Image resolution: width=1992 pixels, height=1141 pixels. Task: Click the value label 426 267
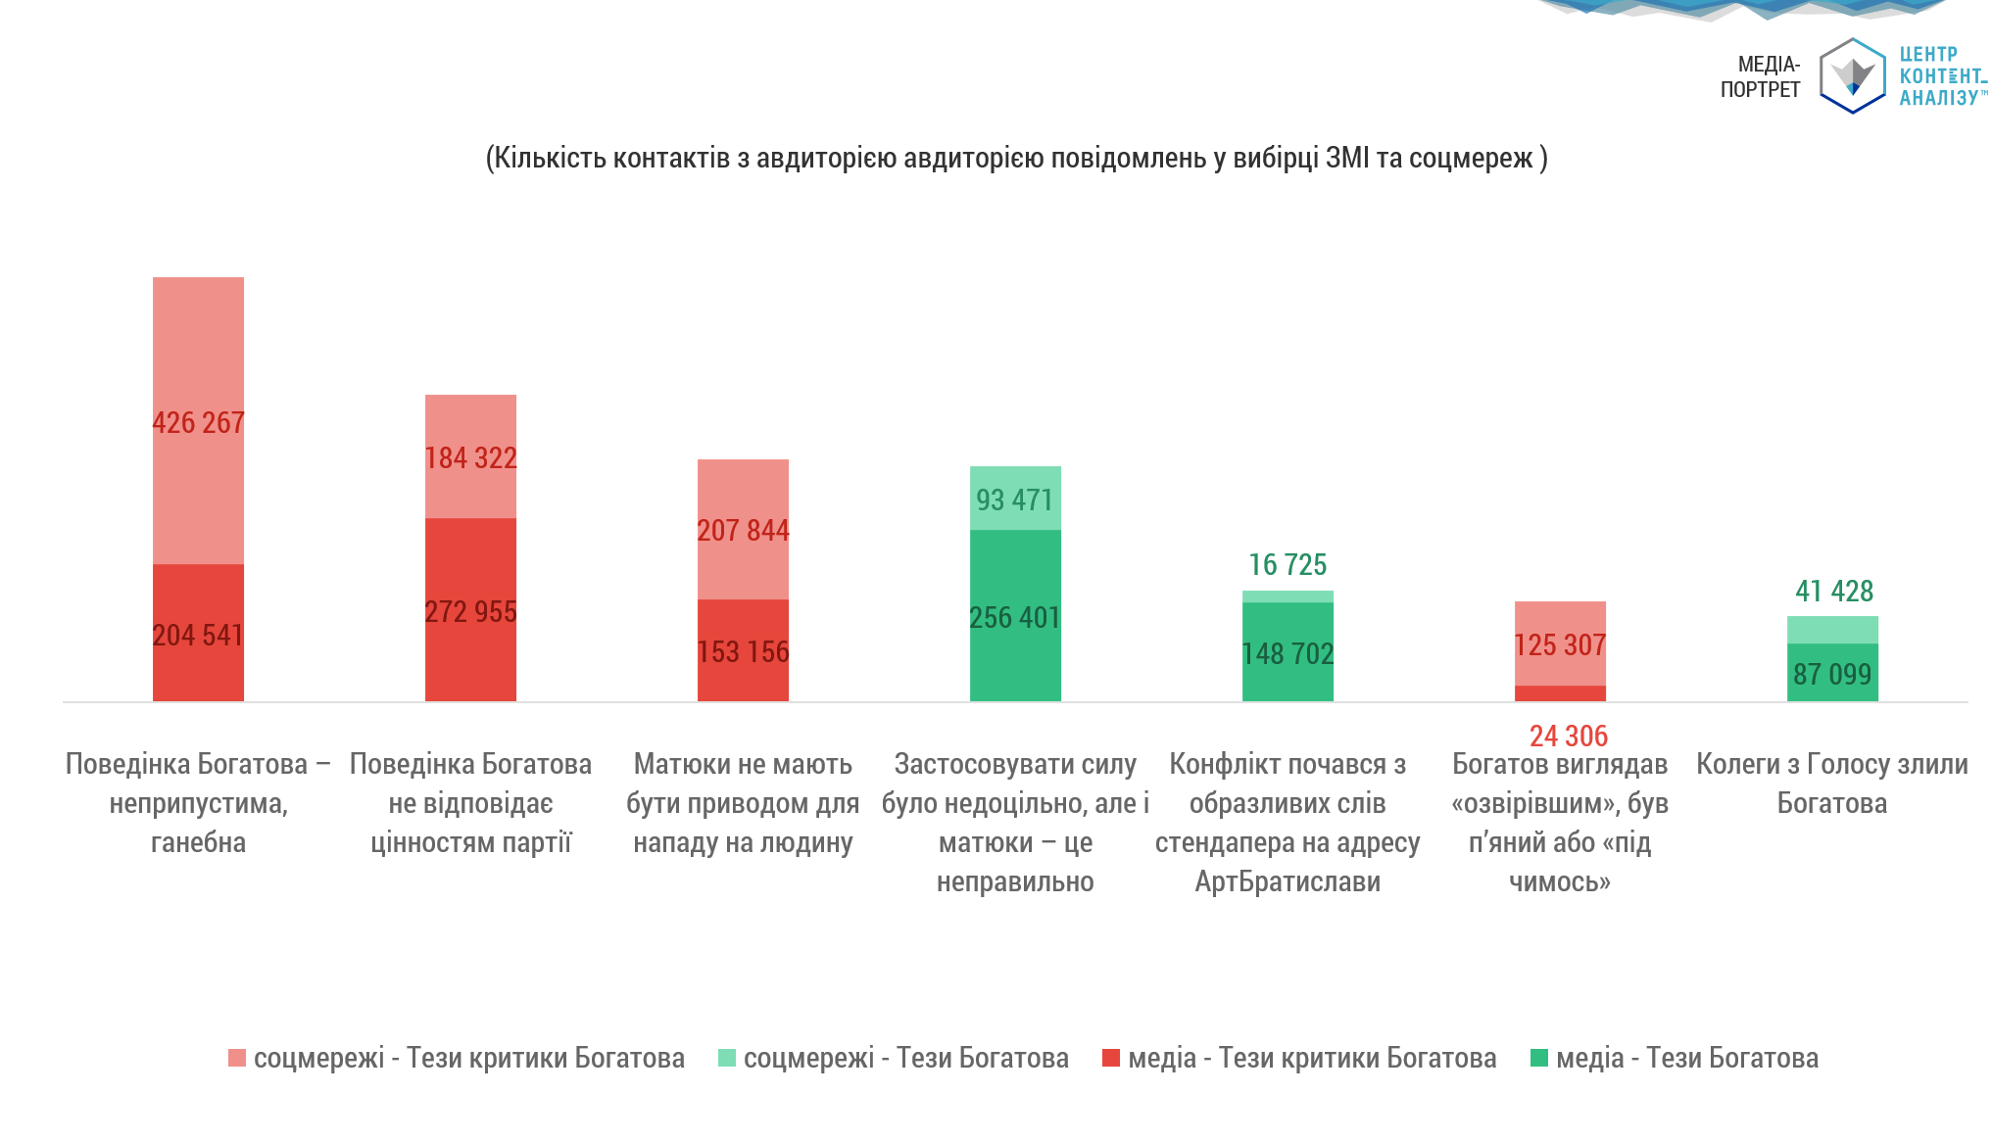pyautogui.click(x=198, y=422)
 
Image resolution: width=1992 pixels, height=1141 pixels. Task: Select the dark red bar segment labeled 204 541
pyautogui.click(x=198, y=633)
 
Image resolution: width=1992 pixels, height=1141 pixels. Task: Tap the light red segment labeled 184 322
pyautogui.click(x=470, y=456)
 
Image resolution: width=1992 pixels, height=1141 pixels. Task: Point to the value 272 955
pyautogui.click(x=470, y=611)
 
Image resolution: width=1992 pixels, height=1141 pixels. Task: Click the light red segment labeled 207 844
pyautogui.click(x=743, y=529)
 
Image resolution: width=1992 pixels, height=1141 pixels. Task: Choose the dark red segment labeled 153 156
pyautogui.click(x=743, y=650)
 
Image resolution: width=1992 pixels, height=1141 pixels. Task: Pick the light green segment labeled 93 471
pyautogui.click(x=1015, y=498)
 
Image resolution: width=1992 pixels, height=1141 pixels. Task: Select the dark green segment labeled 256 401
pyautogui.click(x=1015, y=615)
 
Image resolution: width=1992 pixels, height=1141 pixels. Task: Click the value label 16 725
pyautogui.click(x=1288, y=564)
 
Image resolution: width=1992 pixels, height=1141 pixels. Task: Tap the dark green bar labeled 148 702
pyautogui.click(x=1288, y=651)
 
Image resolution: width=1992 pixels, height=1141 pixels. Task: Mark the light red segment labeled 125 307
pyautogui.click(x=1560, y=643)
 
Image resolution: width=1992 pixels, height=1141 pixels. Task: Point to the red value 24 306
pyautogui.click(x=1569, y=736)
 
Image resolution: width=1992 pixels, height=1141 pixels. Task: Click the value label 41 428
pyautogui.click(x=1834, y=591)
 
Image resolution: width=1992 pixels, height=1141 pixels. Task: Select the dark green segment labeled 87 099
pyautogui.click(x=1832, y=672)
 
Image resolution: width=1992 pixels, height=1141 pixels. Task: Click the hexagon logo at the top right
pyautogui.click(x=1853, y=75)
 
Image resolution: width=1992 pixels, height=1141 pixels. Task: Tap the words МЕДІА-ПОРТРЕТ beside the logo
pyautogui.click(x=1761, y=76)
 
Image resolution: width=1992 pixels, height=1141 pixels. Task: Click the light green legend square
pyautogui.click(x=727, y=1058)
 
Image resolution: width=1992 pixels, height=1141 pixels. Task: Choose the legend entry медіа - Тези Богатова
pyautogui.click(x=1675, y=1058)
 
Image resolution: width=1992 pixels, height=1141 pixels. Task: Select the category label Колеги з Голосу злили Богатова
pyautogui.click(x=1832, y=784)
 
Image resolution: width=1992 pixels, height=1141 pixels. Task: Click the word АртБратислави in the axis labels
pyautogui.click(x=1288, y=881)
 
